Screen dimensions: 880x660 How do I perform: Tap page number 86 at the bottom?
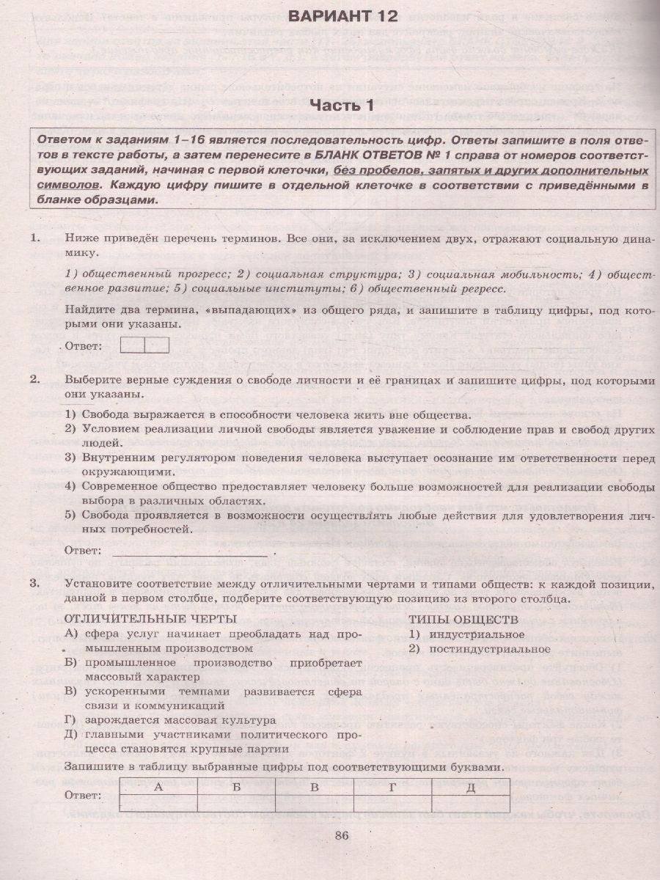pos(342,834)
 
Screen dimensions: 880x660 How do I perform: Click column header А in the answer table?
pos(156,787)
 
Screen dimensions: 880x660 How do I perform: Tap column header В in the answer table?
pos(314,787)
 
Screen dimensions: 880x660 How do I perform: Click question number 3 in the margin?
pos(33,584)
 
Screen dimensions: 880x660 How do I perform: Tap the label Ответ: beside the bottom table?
pos(83,795)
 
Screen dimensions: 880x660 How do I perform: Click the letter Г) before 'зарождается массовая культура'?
pos(71,720)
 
